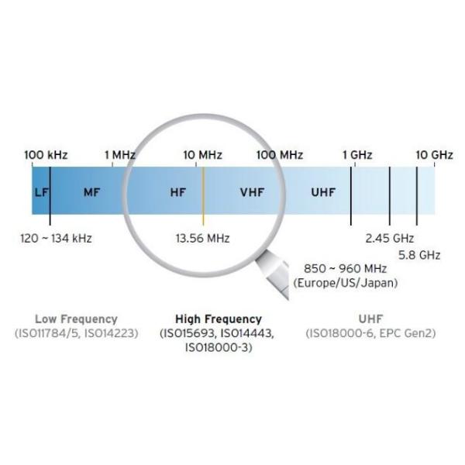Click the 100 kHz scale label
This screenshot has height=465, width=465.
tap(46, 155)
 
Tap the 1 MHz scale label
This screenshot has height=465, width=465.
tap(120, 155)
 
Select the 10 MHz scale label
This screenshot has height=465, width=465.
tap(202, 155)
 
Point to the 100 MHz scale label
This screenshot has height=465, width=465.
tap(280, 155)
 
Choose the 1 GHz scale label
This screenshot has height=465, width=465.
tap(357, 155)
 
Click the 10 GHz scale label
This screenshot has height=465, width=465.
tap(435, 155)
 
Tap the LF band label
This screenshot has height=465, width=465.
tap(41, 192)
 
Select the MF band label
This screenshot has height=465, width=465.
tap(92, 192)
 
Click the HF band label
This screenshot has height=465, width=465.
tap(178, 192)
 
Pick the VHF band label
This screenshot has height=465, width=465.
tap(252, 192)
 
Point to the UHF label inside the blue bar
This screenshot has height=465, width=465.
tap(323, 192)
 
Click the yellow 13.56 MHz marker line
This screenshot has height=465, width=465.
tap(203, 196)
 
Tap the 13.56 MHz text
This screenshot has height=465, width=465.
tap(202, 239)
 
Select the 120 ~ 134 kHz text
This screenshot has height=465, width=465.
tap(56, 239)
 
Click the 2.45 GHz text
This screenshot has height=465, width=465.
tap(389, 239)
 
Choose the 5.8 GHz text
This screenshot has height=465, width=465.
tap(419, 255)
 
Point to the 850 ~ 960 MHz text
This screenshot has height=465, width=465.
tap(345, 269)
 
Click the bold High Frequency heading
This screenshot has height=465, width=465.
tap(219, 319)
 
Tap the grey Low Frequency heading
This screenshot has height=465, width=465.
tap(76, 319)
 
